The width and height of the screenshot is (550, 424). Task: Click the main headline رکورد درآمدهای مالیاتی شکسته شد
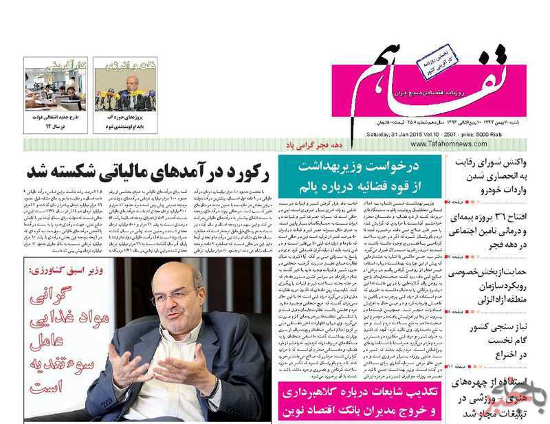149,171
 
